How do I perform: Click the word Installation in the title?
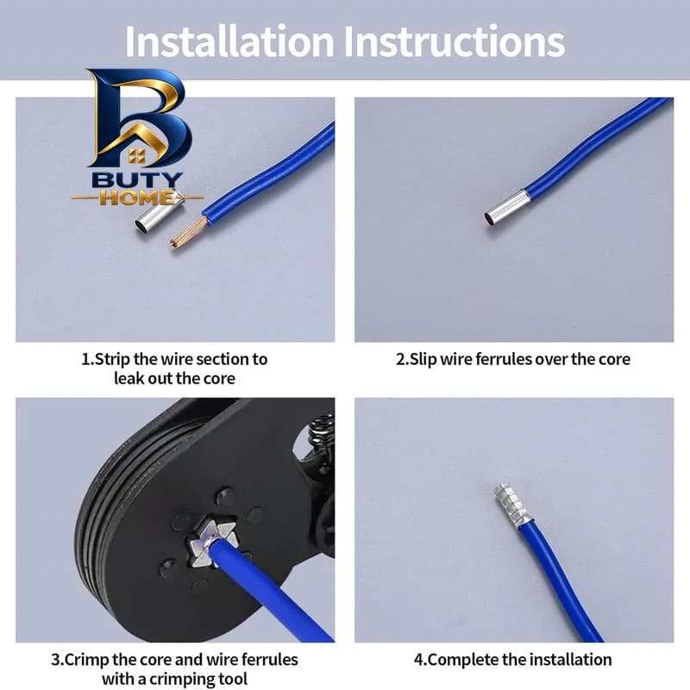229,41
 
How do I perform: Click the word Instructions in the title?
455,41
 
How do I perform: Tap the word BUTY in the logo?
137,180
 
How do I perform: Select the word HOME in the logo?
136,198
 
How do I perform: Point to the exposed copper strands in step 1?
188,231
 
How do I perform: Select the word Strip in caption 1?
113,360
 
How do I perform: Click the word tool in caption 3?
231,679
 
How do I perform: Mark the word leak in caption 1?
129,379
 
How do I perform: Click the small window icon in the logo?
137,156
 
